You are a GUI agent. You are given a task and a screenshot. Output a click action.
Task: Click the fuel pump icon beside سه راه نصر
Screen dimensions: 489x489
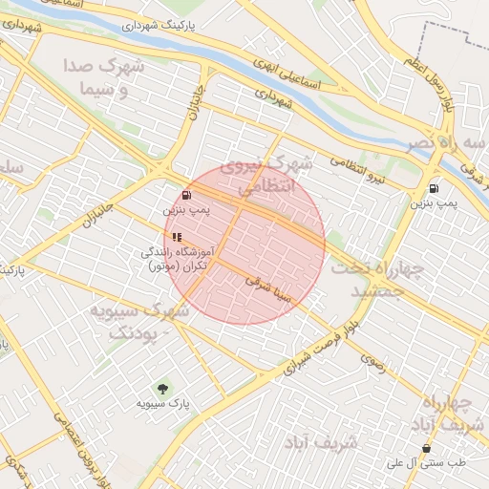point(435,189)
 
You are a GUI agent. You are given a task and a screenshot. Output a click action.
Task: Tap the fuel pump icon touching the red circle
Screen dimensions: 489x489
point(184,194)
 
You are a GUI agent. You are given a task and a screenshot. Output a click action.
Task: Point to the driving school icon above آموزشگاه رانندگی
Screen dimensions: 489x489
point(177,237)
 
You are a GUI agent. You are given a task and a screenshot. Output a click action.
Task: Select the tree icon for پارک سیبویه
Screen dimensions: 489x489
point(162,389)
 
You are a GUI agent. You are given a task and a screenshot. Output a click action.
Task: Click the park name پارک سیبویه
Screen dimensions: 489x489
point(162,405)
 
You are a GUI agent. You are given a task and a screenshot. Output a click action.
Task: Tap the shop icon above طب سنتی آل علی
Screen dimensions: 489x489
point(426,448)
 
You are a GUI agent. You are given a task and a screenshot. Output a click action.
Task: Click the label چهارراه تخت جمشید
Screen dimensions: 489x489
point(373,279)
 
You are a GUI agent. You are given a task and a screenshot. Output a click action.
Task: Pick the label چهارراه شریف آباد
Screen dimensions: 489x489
point(452,413)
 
